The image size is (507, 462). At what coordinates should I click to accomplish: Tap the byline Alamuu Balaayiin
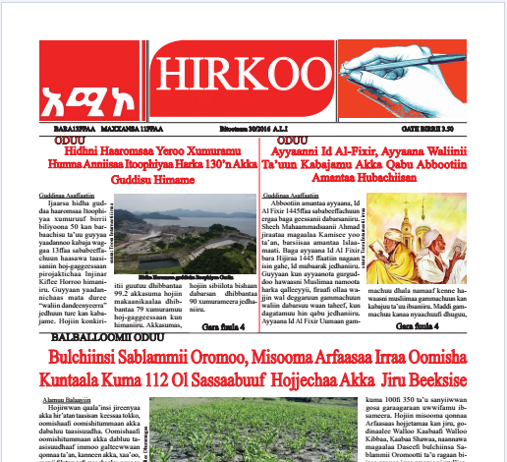click(x=66, y=401)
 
